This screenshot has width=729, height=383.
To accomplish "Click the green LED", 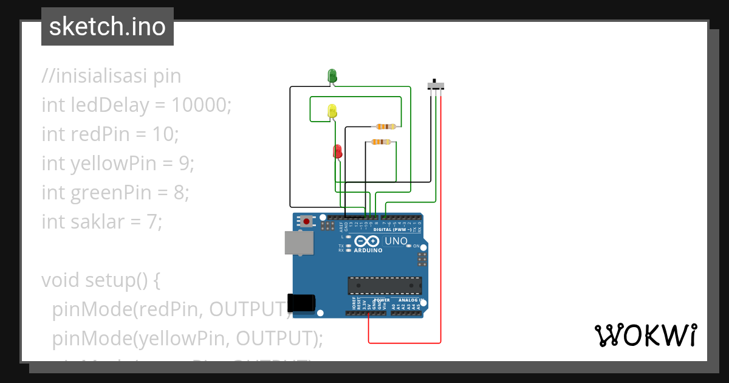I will click(332, 75).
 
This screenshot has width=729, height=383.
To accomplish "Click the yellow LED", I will click(332, 111).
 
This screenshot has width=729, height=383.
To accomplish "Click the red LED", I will click(337, 151).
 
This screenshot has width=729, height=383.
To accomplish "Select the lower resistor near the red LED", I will click(380, 142).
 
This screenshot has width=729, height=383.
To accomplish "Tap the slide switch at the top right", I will click(436, 85).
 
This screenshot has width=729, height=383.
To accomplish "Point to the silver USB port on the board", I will click(299, 243).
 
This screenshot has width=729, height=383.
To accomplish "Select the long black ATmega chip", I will click(385, 286).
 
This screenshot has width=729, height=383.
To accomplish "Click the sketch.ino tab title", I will click(108, 27).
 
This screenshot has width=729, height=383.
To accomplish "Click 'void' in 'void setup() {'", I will click(61, 280).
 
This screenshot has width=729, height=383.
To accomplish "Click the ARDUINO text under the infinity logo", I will click(368, 250).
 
